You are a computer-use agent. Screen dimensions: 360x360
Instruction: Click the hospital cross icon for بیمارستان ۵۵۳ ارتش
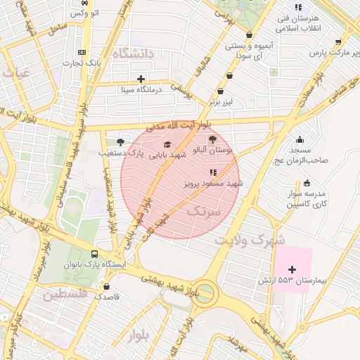point(292,269)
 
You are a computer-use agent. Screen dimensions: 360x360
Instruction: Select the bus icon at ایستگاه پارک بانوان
point(94,254)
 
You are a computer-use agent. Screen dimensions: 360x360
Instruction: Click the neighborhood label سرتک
point(204,210)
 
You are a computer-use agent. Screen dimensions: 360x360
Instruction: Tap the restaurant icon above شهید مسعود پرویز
point(213,172)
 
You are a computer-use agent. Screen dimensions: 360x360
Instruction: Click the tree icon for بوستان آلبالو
point(213,139)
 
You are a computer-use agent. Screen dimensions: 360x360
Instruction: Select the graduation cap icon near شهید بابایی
point(167,144)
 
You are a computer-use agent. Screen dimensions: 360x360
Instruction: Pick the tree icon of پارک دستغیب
point(120,141)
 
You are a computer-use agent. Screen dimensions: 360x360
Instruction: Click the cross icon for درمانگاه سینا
point(141,79)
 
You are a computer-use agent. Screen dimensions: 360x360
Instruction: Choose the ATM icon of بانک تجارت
point(83,53)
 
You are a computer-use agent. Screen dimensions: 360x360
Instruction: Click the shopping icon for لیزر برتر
point(221,91)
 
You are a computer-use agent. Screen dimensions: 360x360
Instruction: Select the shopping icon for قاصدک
point(106,286)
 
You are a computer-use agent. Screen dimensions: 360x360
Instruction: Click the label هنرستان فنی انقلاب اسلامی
point(299,22)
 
